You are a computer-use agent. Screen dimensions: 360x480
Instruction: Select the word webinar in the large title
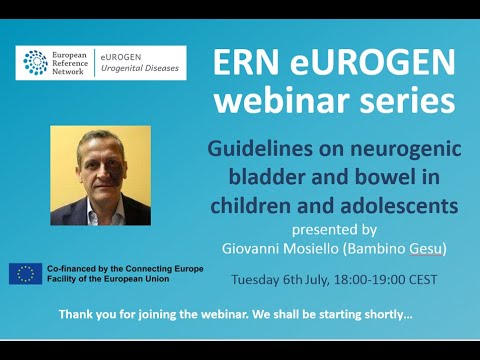click(294, 100)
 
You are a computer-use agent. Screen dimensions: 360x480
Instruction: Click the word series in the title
click(408, 100)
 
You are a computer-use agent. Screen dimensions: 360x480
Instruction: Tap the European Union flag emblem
click(25, 273)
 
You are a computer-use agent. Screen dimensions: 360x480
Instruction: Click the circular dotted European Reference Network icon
click(36, 63)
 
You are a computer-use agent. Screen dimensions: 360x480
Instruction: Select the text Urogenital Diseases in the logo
click(144, 69)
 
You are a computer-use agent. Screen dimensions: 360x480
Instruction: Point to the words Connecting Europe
click(162, 267)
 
